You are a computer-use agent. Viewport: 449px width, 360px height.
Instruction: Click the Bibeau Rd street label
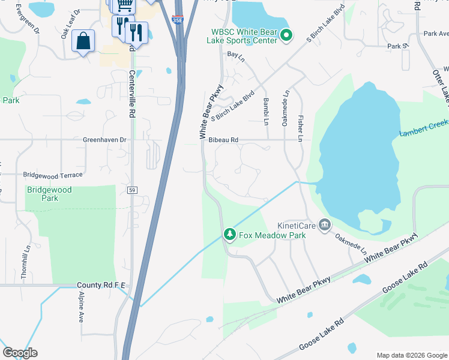(x=223, y=140)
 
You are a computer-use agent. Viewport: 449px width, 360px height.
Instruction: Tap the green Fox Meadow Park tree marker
(x=229, y=234)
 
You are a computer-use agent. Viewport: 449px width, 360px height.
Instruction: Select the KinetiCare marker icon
(x=325, y=225)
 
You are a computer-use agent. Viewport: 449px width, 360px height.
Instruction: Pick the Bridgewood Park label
(x=49, y=194)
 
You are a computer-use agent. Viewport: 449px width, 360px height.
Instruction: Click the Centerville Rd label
(x=133, y=88)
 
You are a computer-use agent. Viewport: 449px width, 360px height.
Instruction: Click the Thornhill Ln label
(x=27, y=257)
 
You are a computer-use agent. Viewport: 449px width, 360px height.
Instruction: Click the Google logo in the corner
(x=20, y=353)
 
